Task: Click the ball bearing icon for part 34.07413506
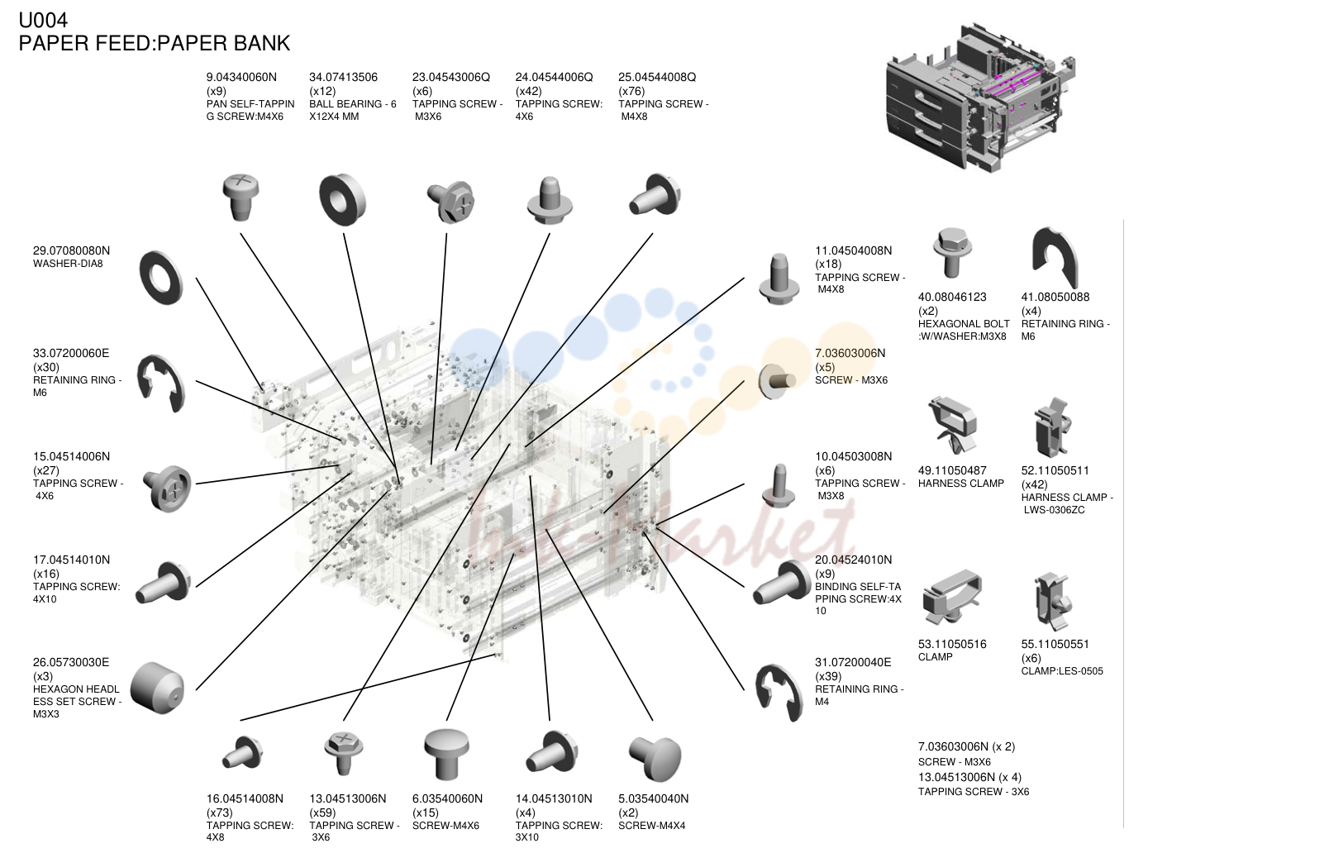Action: coord(342,199)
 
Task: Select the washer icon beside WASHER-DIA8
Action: coord(161,278)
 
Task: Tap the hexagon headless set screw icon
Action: coord(157,688)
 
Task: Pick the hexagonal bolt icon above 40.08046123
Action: coord(951,252)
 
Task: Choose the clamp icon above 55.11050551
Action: coord(1053,601)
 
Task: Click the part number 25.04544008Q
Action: coord(657,77)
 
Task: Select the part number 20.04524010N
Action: coord(853,560)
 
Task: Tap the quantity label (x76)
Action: coord(631,91)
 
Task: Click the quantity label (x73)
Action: coord(220,812)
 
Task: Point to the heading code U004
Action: coord(43,20)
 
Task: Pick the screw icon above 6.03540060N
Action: coord(447,754)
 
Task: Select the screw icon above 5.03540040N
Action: coord(655,758)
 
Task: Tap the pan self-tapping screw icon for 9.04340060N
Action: coord(241,197)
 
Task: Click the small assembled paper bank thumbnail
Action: coord(981,98)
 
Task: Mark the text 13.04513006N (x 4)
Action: coord(969,777)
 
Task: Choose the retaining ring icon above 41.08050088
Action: coord(1055,257)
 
